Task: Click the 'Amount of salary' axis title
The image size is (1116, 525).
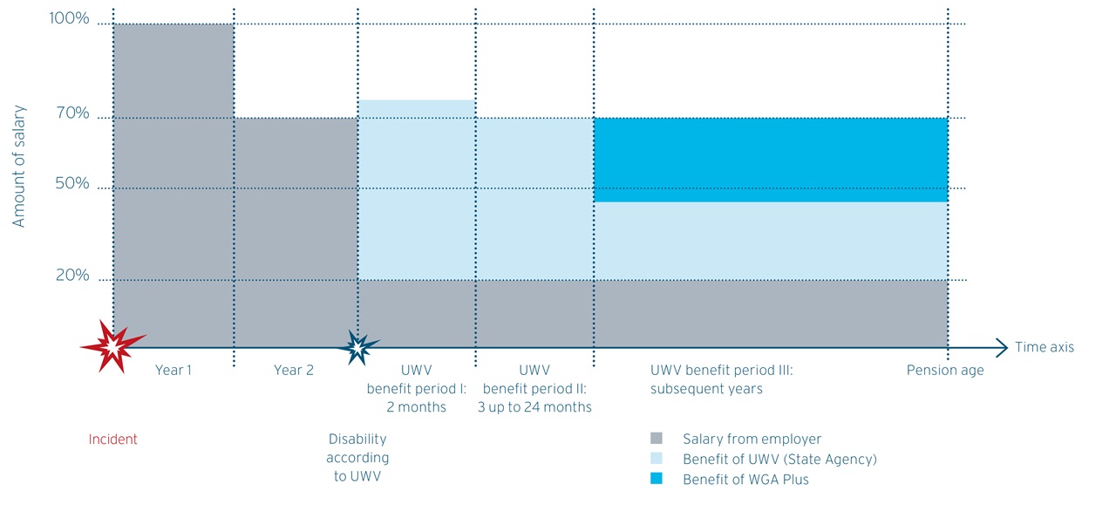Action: [19, 167]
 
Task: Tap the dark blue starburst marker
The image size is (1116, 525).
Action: [357, 347]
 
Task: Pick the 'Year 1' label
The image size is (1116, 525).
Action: [174, 371]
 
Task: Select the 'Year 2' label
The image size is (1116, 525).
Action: [294, 371]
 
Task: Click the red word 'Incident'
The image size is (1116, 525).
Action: [113, 440]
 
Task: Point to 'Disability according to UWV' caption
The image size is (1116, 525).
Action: [357, 458]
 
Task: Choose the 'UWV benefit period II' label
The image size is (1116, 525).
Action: [534, 388]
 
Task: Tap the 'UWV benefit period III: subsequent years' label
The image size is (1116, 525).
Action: [721, 379]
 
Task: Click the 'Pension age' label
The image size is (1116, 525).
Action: [945, 371]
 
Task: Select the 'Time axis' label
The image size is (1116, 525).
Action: [1045, 347]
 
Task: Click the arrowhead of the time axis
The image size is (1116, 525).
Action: [1003, 347]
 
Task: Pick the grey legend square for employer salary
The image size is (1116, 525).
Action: [657, 439]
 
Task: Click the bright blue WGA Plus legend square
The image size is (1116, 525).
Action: [657, 479]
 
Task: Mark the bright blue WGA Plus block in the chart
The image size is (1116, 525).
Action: [771, 160]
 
